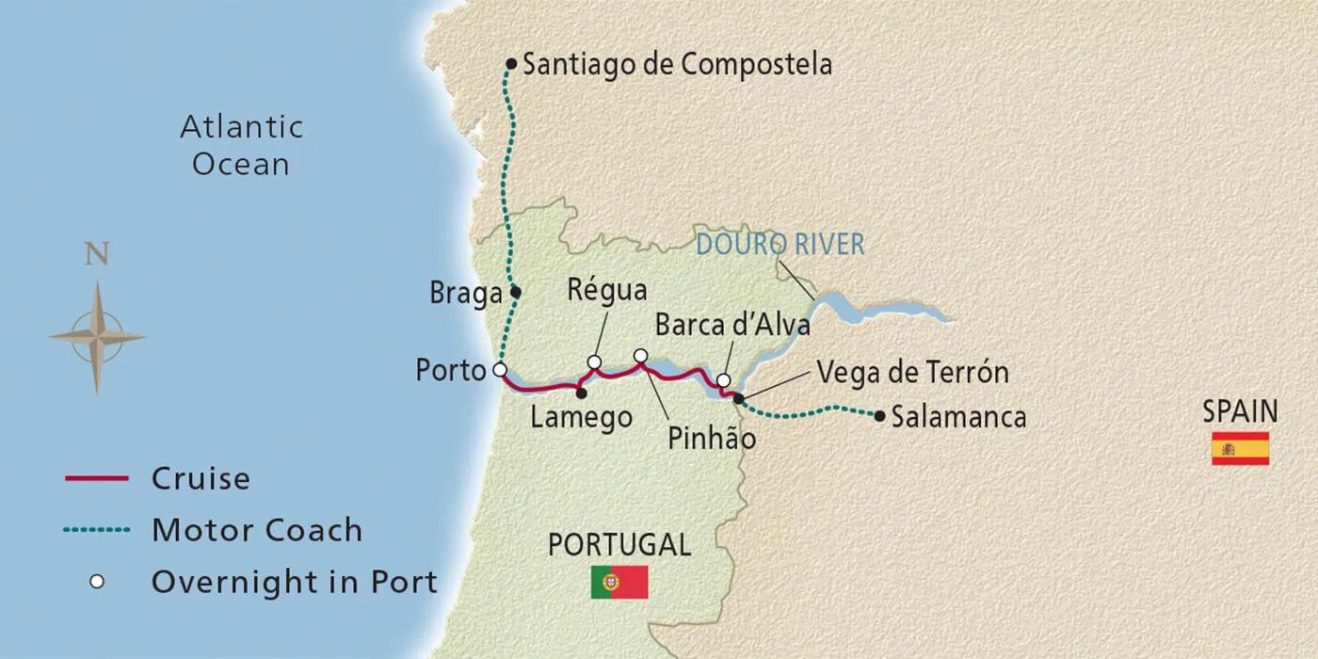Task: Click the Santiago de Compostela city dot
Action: tap(511, 64)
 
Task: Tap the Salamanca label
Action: tap(958, 417)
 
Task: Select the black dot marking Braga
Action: tap(515, 292)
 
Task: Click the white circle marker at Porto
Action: tap(500, 369)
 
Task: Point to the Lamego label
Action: tap(581, 418)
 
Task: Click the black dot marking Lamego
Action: tap(581, 394)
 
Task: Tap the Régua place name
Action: tap(607, 292)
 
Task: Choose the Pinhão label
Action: tap(712, 439)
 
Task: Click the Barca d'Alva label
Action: tap(732, 326)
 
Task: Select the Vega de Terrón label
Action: tap(912, 372)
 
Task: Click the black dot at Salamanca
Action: tap(879, 415)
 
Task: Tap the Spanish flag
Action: tap(1240, 448)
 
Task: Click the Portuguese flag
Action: tap(619, 582)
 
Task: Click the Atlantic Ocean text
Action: tap(241, 145)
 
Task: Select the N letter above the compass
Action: tap(96, 255)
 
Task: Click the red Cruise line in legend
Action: tap(96, 479)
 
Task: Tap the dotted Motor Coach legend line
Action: tap(96, 530)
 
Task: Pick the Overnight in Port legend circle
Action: tap(96, 582)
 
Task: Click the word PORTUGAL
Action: tap(619, 544)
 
